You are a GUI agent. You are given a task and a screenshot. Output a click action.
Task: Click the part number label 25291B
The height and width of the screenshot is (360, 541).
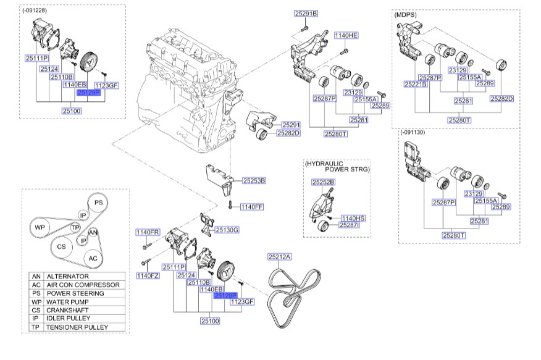pos(305,13)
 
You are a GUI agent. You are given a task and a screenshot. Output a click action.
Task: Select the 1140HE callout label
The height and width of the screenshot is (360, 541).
pos(346,36)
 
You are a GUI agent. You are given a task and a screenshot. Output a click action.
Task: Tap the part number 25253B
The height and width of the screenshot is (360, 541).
pos(253,181)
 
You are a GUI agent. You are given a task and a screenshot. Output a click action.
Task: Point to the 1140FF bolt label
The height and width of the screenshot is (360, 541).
pos(252,206)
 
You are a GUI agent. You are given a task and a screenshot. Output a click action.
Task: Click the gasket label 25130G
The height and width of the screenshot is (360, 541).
pos(227,230)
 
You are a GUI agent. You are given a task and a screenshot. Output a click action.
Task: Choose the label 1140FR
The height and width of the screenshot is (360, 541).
pos(148,232)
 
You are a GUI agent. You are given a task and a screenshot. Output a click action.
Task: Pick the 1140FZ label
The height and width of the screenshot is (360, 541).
pos(148,275)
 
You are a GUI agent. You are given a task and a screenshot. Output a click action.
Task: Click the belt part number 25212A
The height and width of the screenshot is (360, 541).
pos(279,256)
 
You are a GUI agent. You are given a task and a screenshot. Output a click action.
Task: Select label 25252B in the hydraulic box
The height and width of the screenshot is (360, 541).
pos(322,182)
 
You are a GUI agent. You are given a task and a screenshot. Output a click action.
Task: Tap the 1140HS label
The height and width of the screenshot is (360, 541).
pos(353,218)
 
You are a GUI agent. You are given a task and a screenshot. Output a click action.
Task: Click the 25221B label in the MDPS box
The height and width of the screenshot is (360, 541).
pos(416,83)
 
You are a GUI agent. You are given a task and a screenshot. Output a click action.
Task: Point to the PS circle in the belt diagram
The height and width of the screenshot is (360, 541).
pos(97,203)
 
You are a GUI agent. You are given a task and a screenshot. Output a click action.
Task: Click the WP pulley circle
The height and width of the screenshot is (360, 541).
pos(40,227)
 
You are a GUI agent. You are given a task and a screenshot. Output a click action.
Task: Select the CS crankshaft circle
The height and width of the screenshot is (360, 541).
pos(62,246)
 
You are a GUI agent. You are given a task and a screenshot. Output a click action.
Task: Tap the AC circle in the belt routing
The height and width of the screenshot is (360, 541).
pos(93,257)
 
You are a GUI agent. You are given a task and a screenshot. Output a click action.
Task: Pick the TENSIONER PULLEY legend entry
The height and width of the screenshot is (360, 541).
pos(77,327)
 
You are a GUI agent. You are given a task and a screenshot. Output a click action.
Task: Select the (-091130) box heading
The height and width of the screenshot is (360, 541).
pos(414,133)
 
